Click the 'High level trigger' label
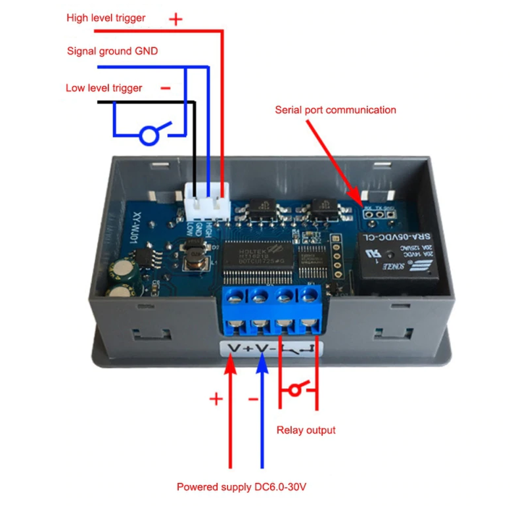click(106, 18)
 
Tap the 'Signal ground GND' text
click(112, 51)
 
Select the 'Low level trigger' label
click(104, 88)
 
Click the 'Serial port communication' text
click(335, 110)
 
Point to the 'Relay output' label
click(306, 430)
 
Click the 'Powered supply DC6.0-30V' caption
click(242, 488)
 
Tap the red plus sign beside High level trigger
click(175, 19)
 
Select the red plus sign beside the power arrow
click(216, 399)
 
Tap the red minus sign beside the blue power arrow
click(253, 399)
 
